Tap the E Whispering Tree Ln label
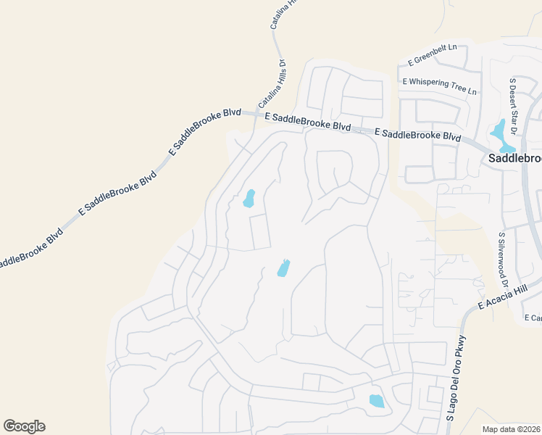[x=441, y=86]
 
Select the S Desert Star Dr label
[x=513, y=107]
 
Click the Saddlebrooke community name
[x=514, y=158]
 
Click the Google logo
[x=24, y=426]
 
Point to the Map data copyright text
[x=512, y=429]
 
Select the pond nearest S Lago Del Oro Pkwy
[x=377, y=401]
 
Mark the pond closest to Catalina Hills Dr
[x=249, y=198]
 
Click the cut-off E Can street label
[x=533, y=318]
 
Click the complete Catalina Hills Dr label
[x=272, y=83]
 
